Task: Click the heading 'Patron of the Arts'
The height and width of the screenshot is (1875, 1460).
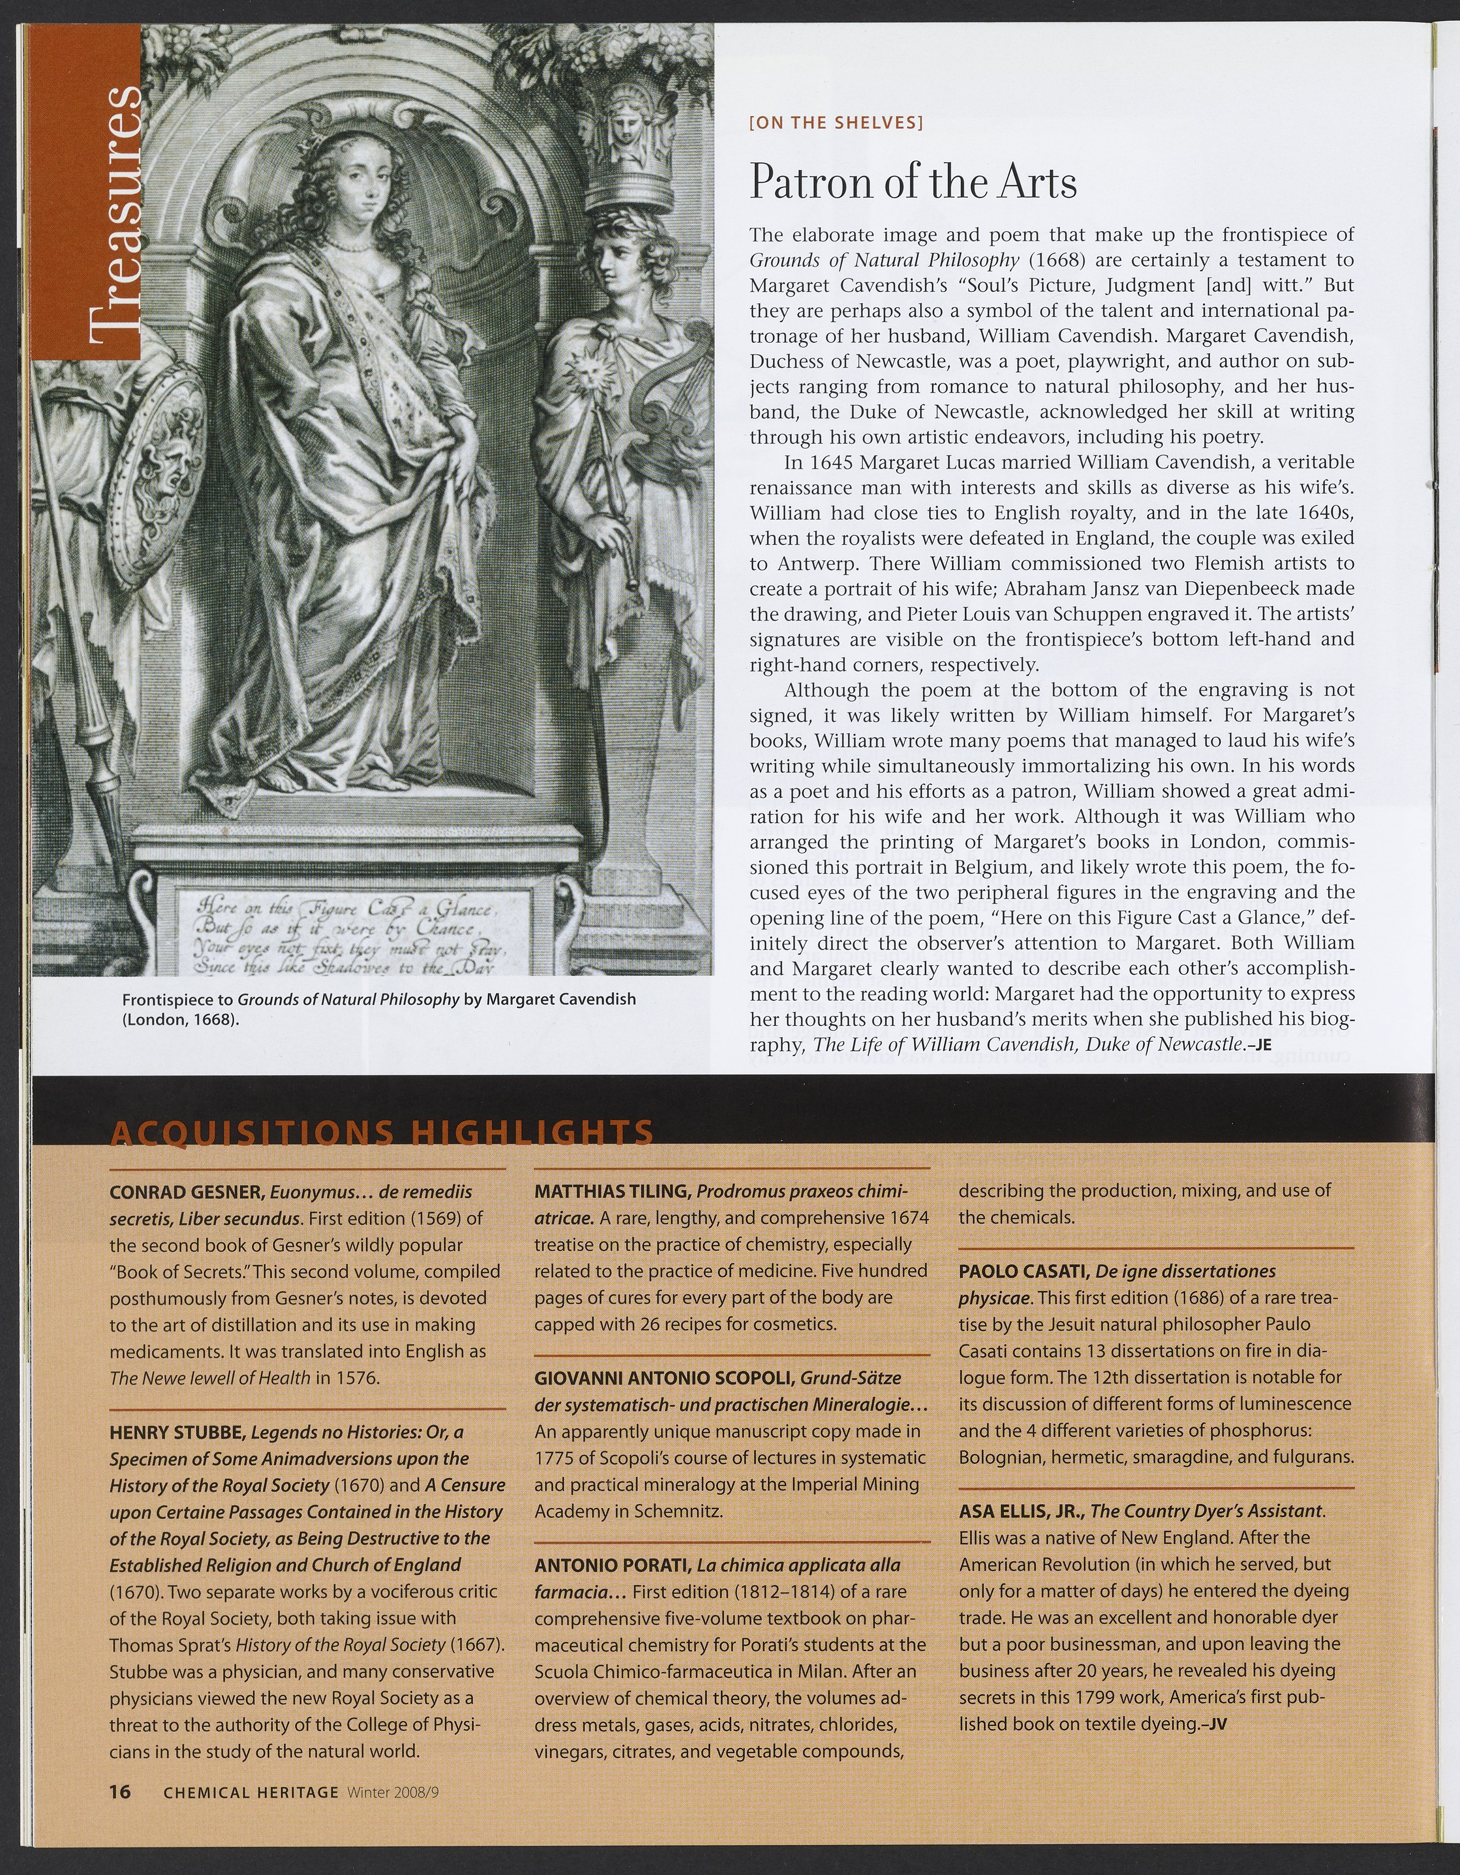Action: pos(912,181)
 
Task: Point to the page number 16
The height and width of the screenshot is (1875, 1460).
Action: pos(119,1792)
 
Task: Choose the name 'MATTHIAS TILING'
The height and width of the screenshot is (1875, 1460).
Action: pos(613,1192)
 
